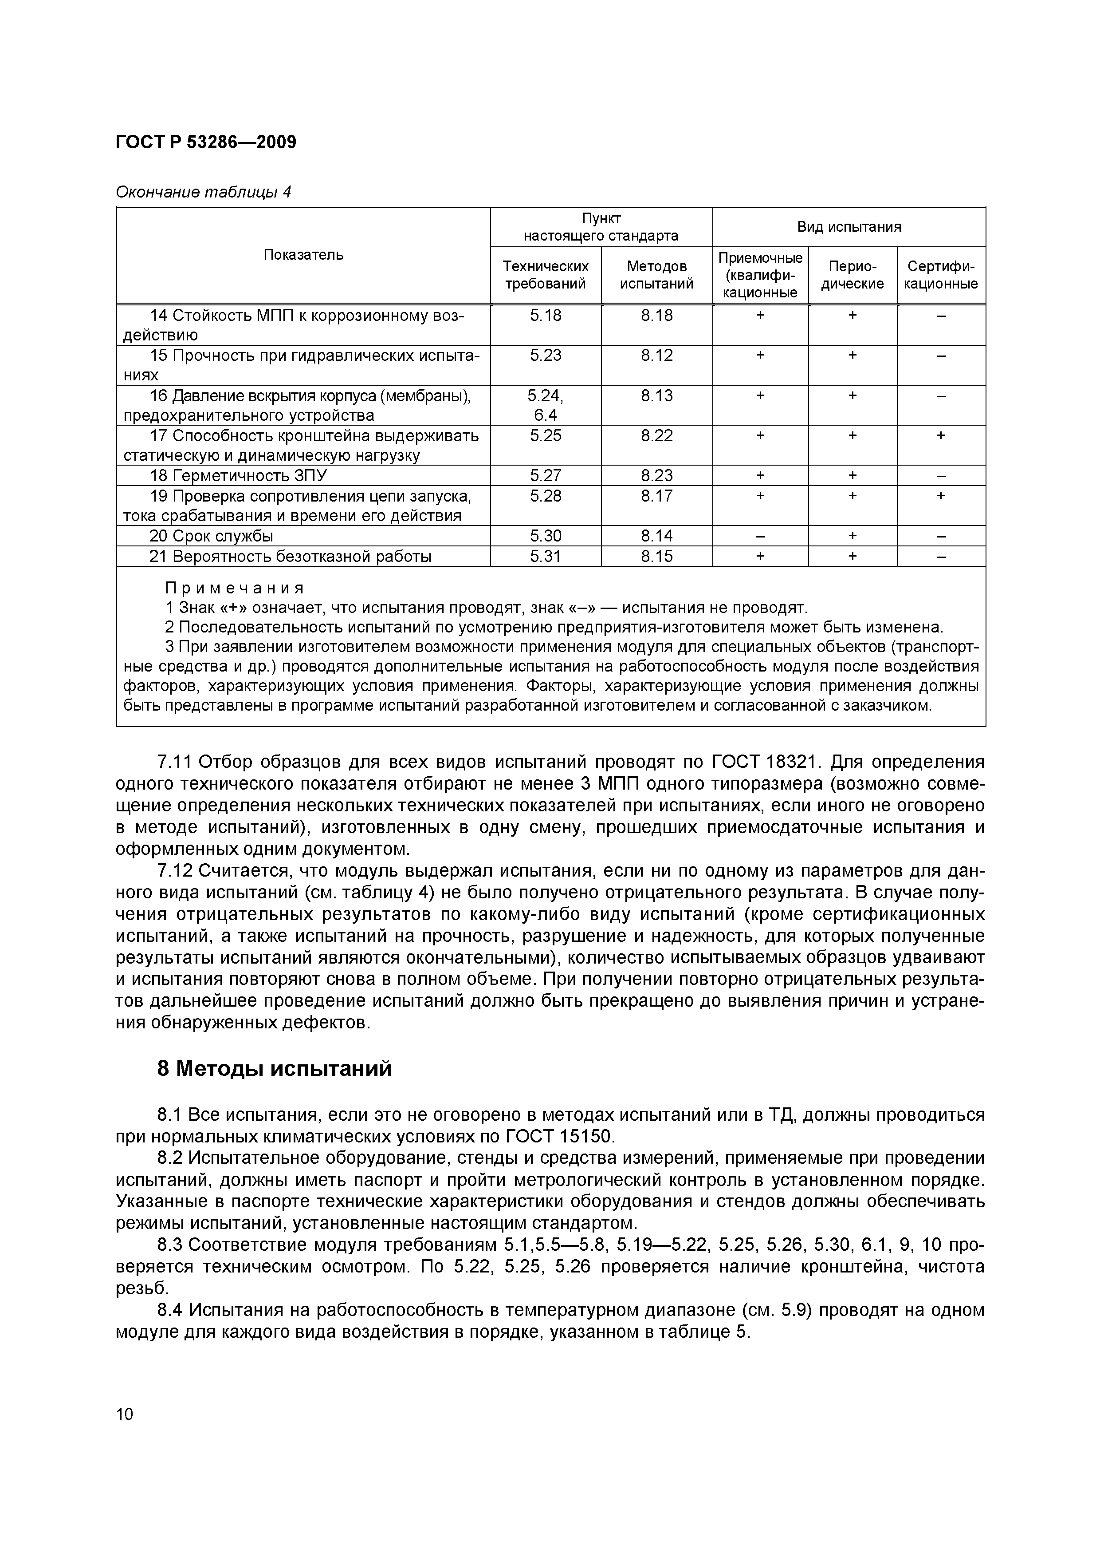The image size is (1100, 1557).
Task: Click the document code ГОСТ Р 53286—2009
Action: pos(206,142)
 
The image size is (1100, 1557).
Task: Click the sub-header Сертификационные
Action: pos(941,275)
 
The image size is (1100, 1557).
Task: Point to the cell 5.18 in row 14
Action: pos(545,315)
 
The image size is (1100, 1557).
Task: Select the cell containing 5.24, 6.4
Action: pos(545,405)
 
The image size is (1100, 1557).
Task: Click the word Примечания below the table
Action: pos(235,587)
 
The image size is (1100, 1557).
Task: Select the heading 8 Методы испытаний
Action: pos(275,1069)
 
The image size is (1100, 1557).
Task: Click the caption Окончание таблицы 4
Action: pos(203,193)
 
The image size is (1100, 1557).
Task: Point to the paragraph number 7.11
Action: pos(173,762)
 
